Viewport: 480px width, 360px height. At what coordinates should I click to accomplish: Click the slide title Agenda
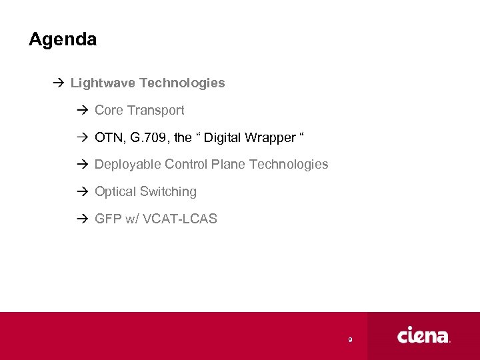[63, 40]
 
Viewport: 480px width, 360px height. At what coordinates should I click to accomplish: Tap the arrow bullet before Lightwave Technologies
[59, 83]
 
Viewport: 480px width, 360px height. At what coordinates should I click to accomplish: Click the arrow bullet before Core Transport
[83, 110]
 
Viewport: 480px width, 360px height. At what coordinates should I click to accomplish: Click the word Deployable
[128, 164]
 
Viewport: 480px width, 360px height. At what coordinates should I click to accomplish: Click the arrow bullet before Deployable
[83, 164]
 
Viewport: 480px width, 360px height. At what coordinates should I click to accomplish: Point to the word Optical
[115, 191]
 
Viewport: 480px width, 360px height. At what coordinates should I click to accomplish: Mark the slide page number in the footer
[350, 340]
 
